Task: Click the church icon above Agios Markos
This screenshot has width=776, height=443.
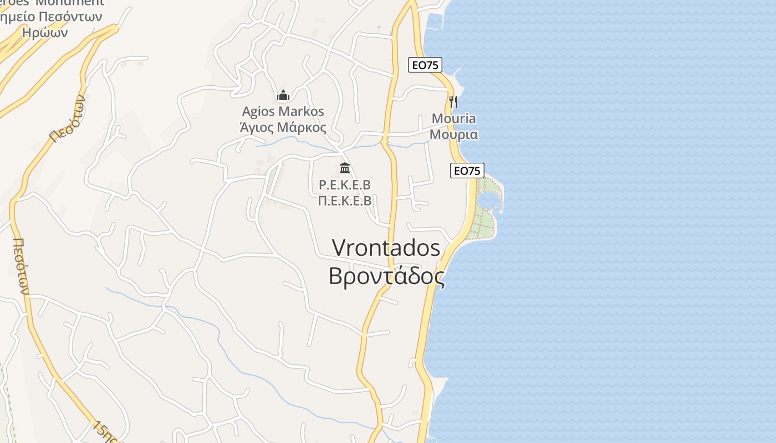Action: [x=283, y=96]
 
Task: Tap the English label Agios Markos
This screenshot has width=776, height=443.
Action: [x=283, y=111]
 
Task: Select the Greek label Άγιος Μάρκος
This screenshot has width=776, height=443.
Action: [x=283, y=127]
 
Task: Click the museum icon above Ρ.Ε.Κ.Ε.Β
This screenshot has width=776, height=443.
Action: [x=345, y=168]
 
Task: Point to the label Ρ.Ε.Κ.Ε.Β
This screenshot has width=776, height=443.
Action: [x=345, y=184]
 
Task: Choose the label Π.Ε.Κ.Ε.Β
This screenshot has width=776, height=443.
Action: [x=345, y=200]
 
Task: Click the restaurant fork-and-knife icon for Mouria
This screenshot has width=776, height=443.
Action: [x=453, y=101]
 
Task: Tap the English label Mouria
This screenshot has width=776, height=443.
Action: [x=453, y=119]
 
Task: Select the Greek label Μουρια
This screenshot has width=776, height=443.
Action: [x=453, y=135]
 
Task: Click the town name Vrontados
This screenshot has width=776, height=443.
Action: [x=386, y=248]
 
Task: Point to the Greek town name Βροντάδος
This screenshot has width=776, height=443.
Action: [x=386, y=276]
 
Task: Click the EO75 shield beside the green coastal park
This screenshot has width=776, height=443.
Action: [x=467, y=171]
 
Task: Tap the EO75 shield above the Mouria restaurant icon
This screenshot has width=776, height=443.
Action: [x=425, y=65]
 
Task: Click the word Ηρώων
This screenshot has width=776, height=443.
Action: [x=45, y=32]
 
